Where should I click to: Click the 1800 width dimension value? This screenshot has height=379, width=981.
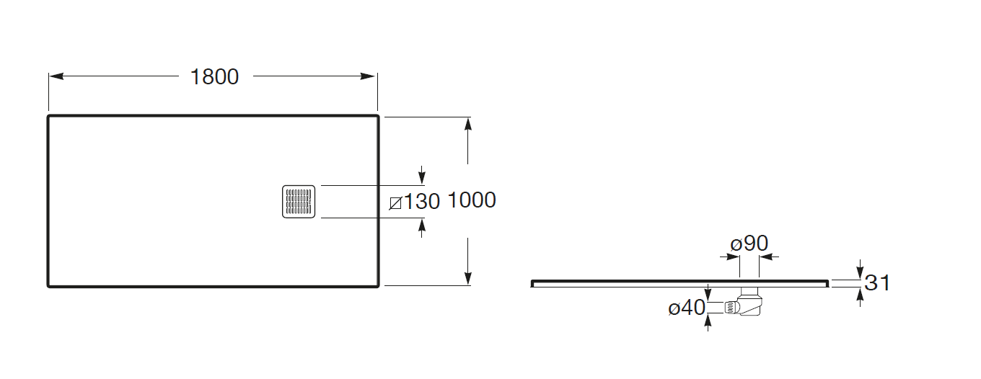[x=215, y=77]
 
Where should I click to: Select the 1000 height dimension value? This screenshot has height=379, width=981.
[x=472, y=200]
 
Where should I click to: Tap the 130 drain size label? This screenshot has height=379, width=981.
[x=421, y=202]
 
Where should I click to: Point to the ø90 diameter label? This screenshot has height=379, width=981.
[x=749, y=244]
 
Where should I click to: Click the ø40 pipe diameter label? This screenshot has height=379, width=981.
[x=687, y=308]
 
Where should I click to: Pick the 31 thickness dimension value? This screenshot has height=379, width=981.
[x=877, y=283]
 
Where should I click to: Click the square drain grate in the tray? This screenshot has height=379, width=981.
[x=299, y=202]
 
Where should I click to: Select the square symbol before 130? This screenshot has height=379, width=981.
[x=395, y=203]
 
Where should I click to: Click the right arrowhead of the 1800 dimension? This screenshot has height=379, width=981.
[x=368, y=76]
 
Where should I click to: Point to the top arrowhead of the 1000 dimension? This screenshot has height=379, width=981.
[x=468, y=125]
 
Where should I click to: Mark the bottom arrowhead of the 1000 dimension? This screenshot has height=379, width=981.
[x=468, y=278]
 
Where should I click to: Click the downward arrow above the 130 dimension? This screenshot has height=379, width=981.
[x=422, y=175]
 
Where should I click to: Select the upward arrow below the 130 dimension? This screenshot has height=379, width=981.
[x=422, y=228]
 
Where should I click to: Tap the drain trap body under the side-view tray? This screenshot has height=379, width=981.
[x=750, y=303]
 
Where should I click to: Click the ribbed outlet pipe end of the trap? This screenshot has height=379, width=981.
[x=731, y=308]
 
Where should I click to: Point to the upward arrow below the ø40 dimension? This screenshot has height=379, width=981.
[x=708, y=323]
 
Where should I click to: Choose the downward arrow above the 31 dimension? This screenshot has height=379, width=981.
[x=860, y=269]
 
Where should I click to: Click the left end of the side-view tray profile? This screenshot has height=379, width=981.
[x=532, y=284]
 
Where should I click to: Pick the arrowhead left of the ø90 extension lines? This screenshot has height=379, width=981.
[x=730, y=257]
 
